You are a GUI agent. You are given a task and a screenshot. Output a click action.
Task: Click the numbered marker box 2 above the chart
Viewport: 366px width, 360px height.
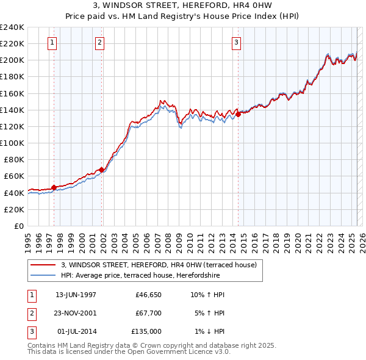99,43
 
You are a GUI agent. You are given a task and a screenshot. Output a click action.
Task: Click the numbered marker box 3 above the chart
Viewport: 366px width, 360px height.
235,43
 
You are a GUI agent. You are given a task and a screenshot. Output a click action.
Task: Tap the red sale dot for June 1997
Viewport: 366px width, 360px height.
54,187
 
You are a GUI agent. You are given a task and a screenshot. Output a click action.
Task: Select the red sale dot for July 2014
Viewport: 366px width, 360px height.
238,114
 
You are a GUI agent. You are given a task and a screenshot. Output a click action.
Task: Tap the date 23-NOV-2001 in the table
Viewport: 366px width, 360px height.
76,313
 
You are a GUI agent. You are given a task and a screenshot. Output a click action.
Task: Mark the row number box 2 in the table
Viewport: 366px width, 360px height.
31,313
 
